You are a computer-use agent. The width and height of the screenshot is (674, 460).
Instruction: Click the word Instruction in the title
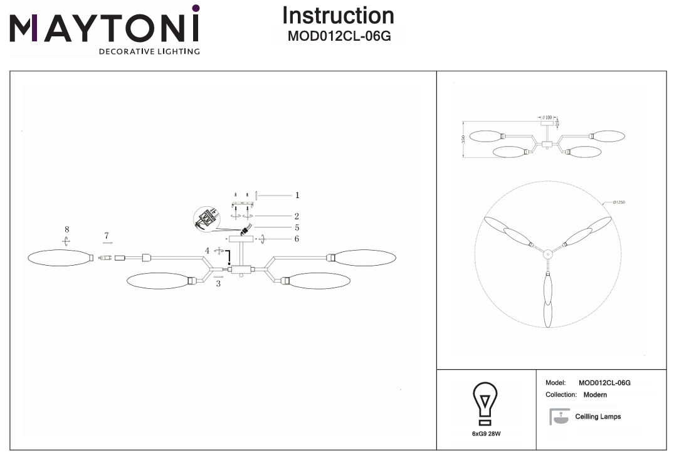pos(338,16)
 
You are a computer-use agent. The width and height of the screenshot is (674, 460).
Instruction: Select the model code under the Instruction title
pos(339,36)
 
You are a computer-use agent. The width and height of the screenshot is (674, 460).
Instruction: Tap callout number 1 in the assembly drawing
pos(297,196)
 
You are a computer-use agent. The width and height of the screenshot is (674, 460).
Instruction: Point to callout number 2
pos(297,216)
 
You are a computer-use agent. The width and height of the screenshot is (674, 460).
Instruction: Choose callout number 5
pos(297,227)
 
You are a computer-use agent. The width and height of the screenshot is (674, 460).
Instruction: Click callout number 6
pos(297,239)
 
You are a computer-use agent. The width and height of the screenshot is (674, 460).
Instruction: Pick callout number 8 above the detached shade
pos(66,230)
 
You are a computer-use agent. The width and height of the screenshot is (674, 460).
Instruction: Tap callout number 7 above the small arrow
pos(107,236)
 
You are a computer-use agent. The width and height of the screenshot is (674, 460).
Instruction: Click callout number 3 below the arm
pos(218,284)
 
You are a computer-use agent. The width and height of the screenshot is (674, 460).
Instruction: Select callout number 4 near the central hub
pos(207,251)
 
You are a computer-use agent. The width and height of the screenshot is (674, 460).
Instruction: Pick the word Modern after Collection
pos(595,395)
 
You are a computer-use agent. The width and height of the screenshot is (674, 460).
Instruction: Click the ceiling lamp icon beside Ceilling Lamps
pos(560,417)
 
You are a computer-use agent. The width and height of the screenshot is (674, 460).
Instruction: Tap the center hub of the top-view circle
pos(547,254)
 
